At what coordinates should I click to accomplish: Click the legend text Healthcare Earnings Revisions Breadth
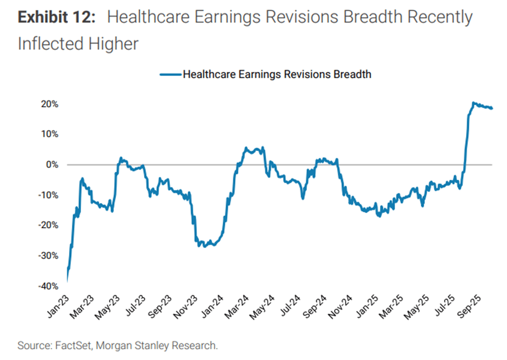click(x=277, y=74)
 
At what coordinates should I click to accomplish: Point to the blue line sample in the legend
click(x=170, y=74)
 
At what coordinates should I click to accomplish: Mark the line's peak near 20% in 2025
click(x=473, y=103)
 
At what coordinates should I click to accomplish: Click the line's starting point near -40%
click(x=68, y=281)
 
